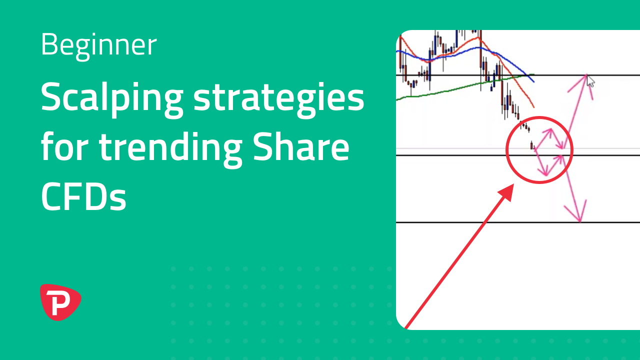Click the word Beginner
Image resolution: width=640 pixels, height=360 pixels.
click(99, 45)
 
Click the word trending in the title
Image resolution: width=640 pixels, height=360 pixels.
click(170, 148)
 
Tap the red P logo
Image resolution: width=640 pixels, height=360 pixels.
click(60, 302)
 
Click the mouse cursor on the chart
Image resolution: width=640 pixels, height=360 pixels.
click(590, 81)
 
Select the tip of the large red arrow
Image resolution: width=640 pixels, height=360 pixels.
click(513, 184)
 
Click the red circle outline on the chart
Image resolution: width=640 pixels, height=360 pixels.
click(506, 149)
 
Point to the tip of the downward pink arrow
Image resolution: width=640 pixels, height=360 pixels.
click(580, 221)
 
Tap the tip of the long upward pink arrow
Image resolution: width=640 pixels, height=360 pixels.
click(586, 74)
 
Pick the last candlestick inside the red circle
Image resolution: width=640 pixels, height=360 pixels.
click(531, 145)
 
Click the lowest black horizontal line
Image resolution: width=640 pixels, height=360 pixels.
click(517, 222)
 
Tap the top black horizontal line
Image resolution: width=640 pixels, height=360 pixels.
click(517, 75)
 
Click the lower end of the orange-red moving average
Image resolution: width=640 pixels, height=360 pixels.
click(533, 107)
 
